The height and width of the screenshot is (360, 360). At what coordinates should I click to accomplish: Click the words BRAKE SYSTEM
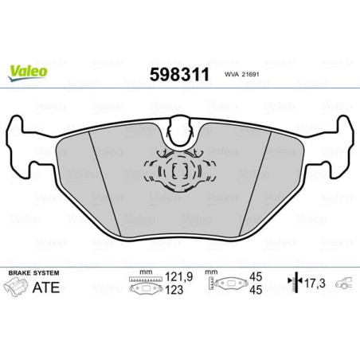click(x=29, y=272)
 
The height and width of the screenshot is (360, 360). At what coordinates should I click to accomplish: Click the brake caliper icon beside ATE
click(x=15, y=286)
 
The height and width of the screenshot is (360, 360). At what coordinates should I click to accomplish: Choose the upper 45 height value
click(x=256, y=279)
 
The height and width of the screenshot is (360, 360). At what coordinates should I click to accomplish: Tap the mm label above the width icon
click(x=145, y=272)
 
